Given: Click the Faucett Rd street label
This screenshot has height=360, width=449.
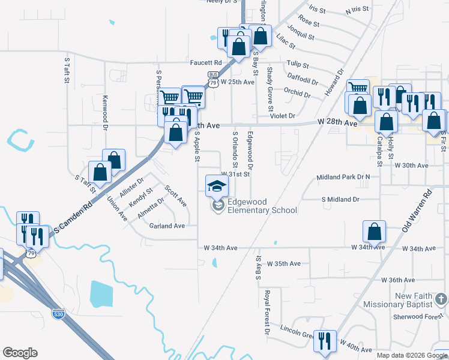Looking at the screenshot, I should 206,62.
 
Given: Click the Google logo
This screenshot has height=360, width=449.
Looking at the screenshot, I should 20,353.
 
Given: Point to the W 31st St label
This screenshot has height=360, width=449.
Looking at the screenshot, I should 235,174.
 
